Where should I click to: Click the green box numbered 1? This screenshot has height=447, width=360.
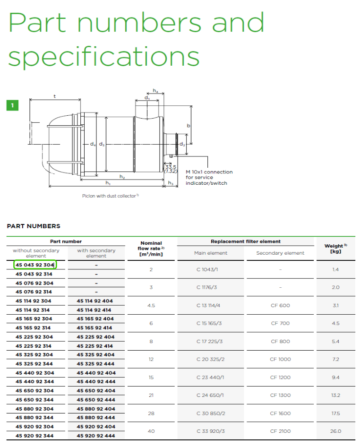[x=12, y=105]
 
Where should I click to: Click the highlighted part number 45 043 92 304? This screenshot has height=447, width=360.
[x=35, y=265]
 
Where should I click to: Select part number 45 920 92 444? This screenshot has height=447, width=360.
[x=96, y=436]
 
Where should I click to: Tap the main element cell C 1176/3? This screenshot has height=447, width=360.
[x=206, y=287]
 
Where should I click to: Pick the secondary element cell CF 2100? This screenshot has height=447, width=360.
[x=281, y=431]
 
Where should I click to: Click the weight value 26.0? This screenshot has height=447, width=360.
[x=336, y=431]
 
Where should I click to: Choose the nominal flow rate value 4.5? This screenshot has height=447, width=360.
[x=151, y=305]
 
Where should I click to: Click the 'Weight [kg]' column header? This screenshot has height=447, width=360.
[x=336, y=248]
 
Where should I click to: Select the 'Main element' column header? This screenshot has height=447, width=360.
[x=211, y=253]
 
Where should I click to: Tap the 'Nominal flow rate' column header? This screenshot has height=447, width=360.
[x=151, y=249]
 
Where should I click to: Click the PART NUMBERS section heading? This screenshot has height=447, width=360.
[x=34, y=226]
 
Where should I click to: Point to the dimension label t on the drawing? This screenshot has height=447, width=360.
[x=55, y=96]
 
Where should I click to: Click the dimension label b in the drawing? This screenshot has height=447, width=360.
[x=189, y=125]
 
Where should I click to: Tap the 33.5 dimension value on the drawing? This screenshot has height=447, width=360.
[x=171, y=167]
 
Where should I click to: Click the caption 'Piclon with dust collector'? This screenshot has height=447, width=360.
[x=110, y=196]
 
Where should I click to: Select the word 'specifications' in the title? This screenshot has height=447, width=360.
[x=104, y=56]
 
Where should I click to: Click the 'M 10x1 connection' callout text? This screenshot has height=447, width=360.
[x=209, y=172]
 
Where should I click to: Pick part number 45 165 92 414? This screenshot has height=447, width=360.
[x=94, y=328]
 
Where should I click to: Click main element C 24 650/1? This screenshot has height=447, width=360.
[x=210, y=395]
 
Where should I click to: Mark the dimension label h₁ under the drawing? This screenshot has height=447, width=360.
[x=108, y=183]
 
